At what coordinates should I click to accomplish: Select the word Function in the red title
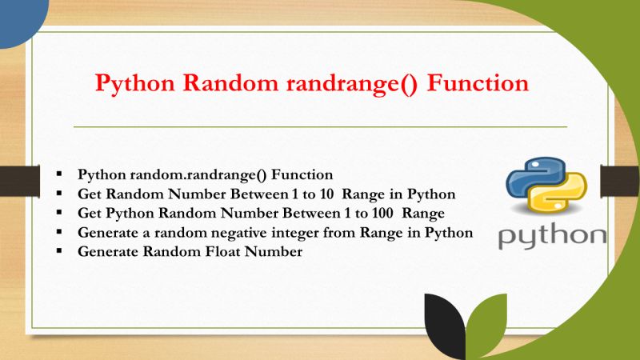tap(478, 84)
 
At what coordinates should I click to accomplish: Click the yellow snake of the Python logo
tap(560, 200)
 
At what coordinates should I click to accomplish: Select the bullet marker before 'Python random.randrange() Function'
tap(59, 174)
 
